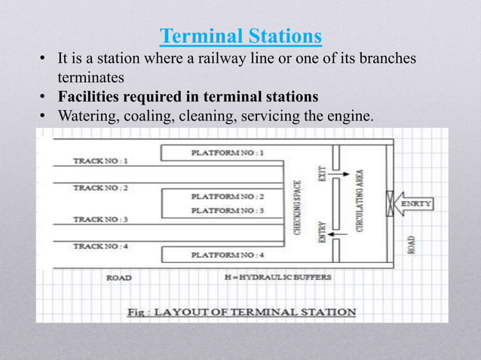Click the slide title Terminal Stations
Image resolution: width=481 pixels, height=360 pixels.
(x=241, y=35)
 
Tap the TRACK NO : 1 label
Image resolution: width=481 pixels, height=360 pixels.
(x=100, y=160)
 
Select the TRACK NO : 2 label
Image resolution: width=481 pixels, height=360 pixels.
(x=100, y=188)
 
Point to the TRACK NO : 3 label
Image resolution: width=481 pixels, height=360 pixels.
(x=100, y=219)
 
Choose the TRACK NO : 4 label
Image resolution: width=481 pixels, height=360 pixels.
(x=100, y=246)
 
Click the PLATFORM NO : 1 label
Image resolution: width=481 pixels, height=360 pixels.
(x=228, y=153)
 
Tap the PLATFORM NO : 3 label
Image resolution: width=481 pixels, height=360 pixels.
(x=228, y=211)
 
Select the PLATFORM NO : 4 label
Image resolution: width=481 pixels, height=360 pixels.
(x=228, y=255)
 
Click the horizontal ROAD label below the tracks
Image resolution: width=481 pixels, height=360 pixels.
(x=118, y=277)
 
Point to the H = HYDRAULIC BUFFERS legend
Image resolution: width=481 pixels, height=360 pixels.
(x=278, y=277)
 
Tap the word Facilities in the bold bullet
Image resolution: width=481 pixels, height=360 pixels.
(x=87, y=96)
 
